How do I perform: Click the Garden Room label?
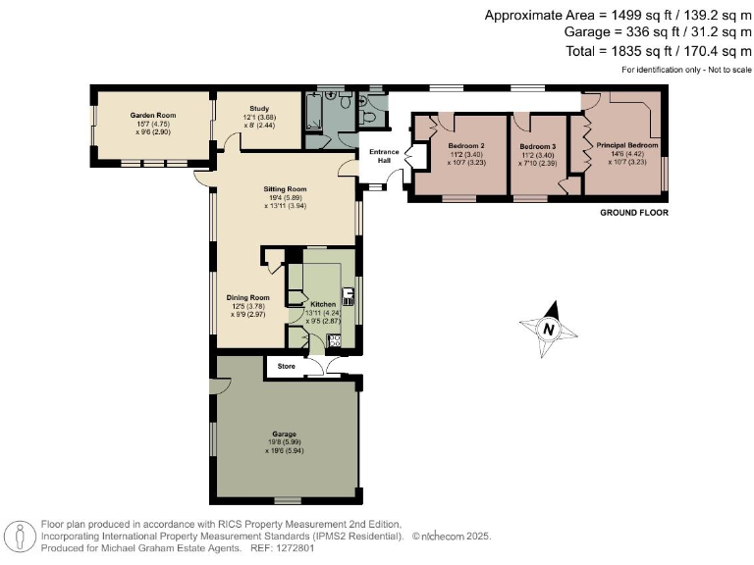coord(151,115)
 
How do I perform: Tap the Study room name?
coord(259,109)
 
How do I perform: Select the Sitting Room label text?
coord(285,188)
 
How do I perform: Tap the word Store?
coord(287,366)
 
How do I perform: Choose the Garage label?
coord(285,434)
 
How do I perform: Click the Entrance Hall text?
coord(383,156)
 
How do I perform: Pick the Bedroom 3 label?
coord(538,146)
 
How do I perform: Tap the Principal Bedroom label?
coord(626,145)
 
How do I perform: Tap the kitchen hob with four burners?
coord(334,340)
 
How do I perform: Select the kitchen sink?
coord(348,296)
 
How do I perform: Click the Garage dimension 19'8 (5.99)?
coord(285,442)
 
